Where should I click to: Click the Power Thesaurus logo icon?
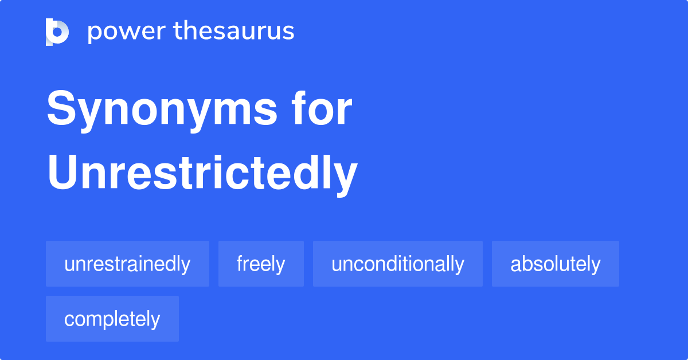57,32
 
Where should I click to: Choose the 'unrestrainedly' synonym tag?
127,264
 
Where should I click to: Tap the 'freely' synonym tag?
261,264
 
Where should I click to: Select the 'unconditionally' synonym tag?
397,264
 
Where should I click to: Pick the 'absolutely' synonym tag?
555,264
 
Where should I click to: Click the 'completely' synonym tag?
112,319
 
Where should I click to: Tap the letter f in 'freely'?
241,264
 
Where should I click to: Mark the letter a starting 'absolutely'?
515,265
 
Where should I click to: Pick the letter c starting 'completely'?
69,320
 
